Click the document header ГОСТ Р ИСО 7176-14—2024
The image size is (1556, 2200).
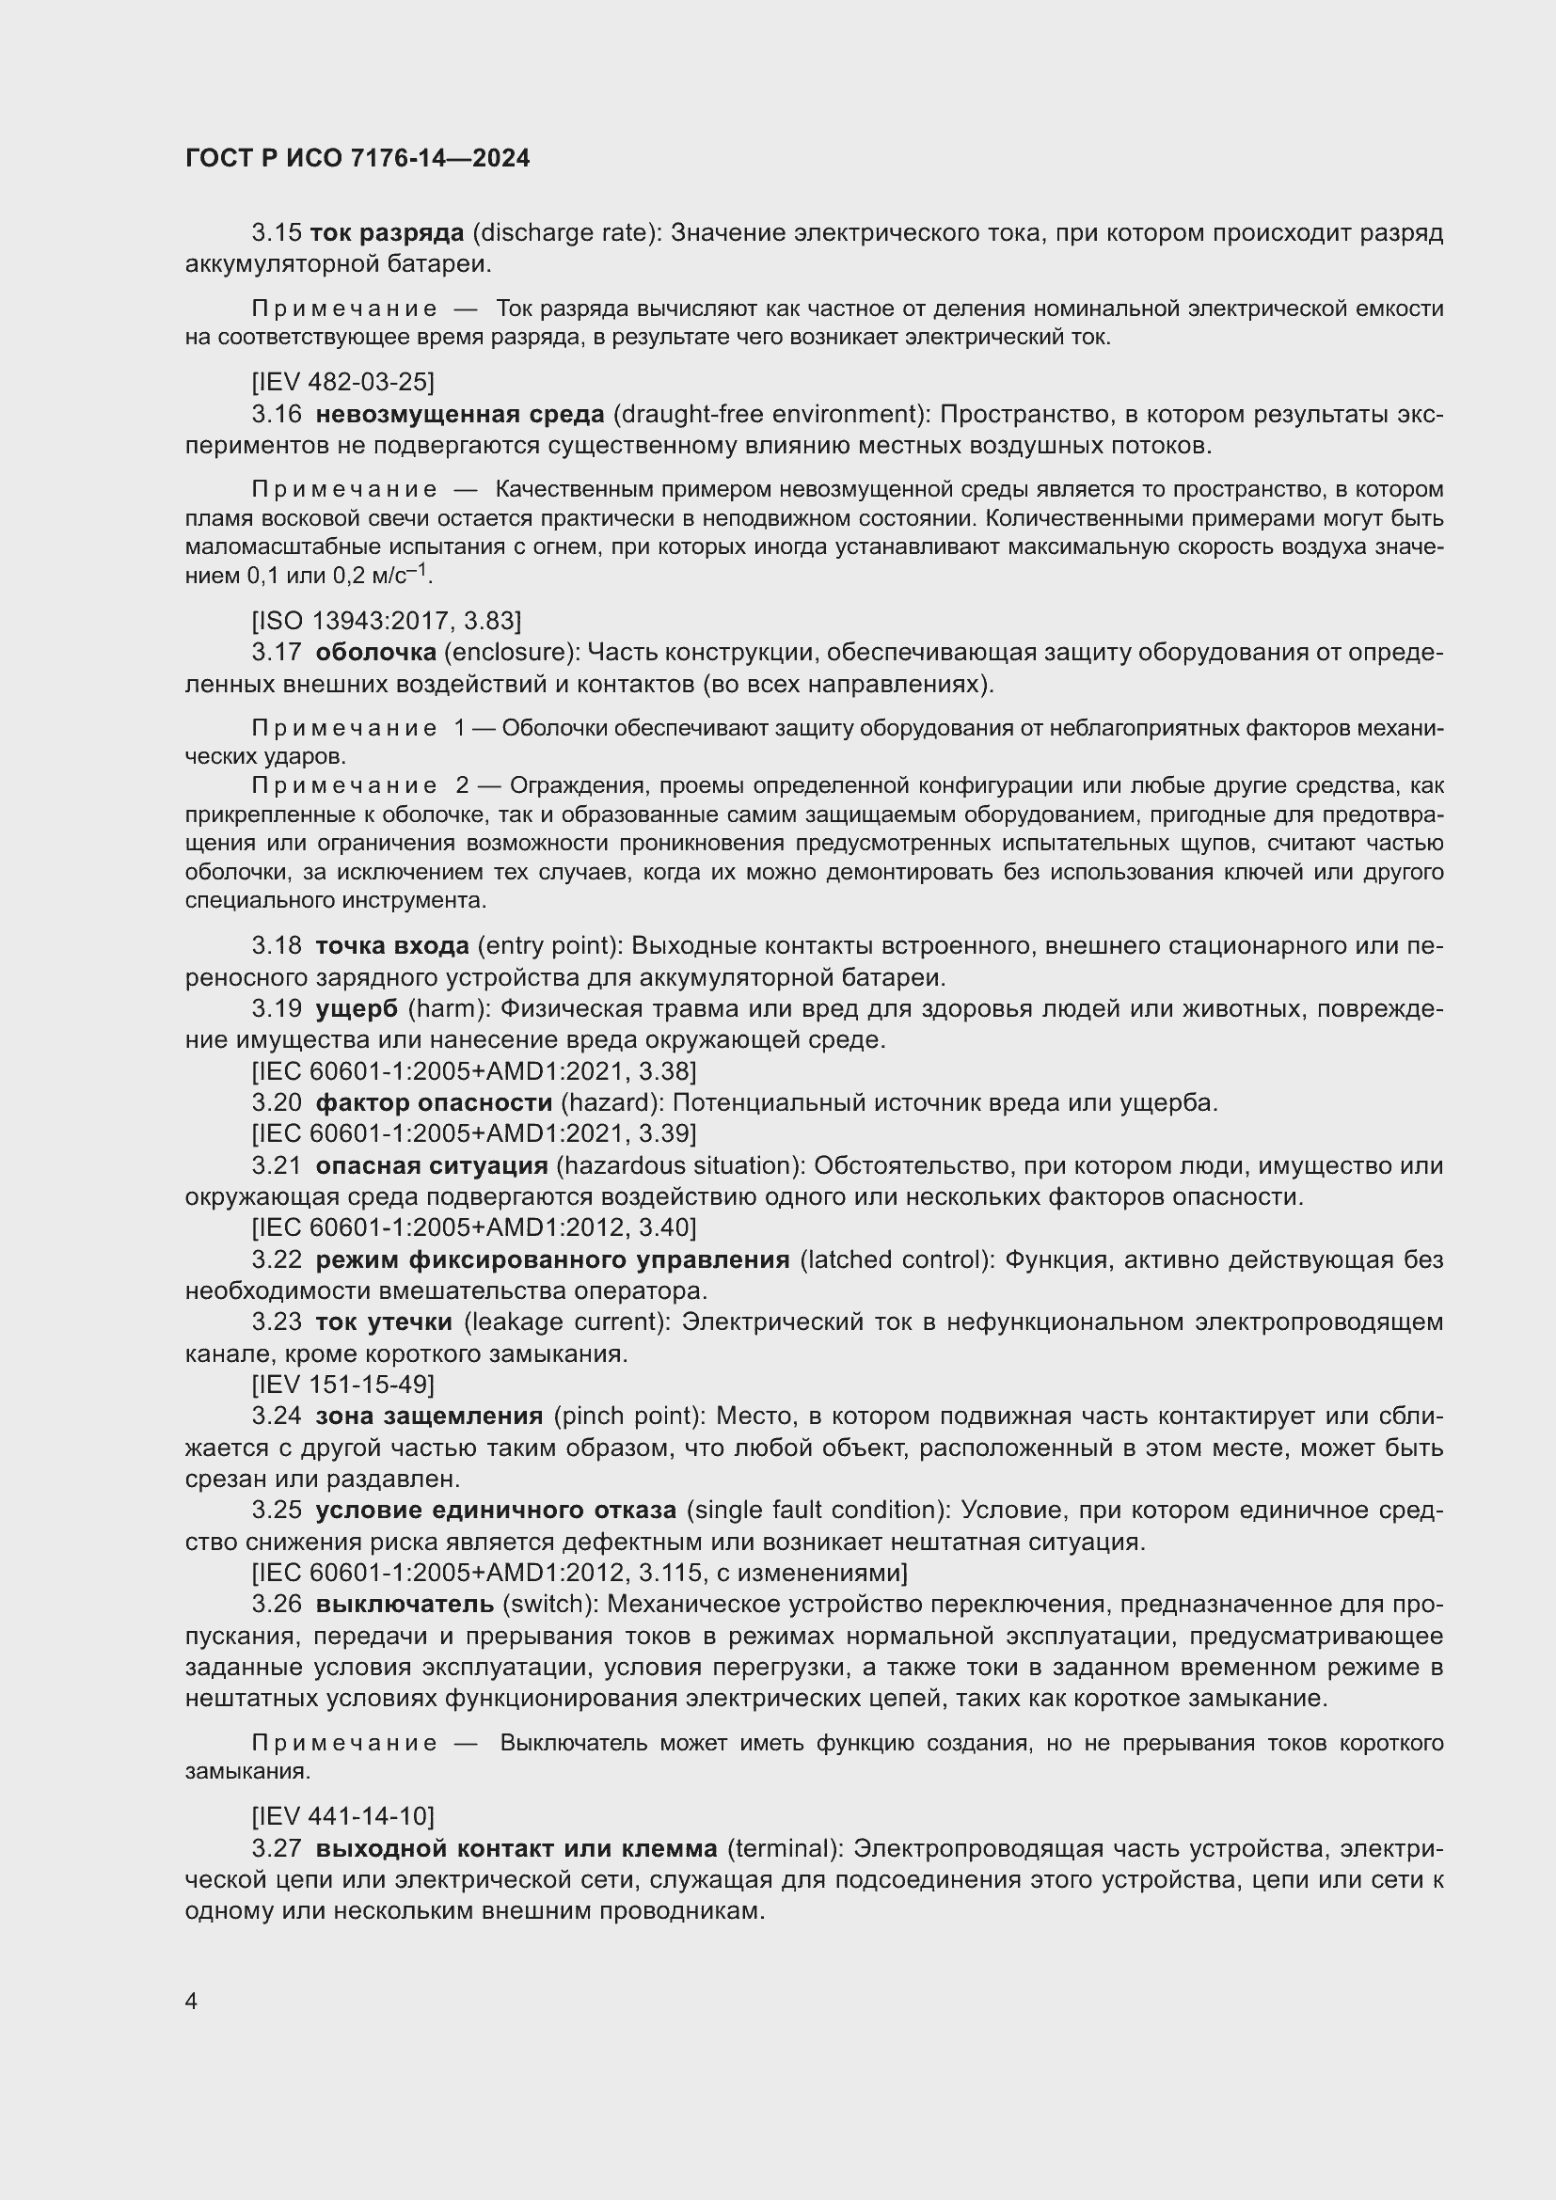point(357,159)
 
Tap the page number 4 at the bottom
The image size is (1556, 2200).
point(192,2002)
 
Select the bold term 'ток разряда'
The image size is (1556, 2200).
point(387,233)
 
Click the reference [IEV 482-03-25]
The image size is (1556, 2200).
point(342,382)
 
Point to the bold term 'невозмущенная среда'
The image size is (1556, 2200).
point(460,414)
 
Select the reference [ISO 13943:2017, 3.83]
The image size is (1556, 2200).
point(386,621)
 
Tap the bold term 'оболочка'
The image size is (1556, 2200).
point(375,653)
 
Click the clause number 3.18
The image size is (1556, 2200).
point(276,945)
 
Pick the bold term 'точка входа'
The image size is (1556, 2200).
point(392,945)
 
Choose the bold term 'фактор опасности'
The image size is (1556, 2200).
point(434,1103)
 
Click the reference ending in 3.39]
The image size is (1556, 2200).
point(473,1133)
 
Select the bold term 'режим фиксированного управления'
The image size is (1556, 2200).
point(552,1260)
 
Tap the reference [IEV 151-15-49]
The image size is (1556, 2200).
point(342,1385)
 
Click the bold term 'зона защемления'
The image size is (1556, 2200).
point(429,1417)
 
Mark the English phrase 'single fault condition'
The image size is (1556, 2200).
point(811,1511)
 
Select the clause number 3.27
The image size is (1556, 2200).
point(276,1848)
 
